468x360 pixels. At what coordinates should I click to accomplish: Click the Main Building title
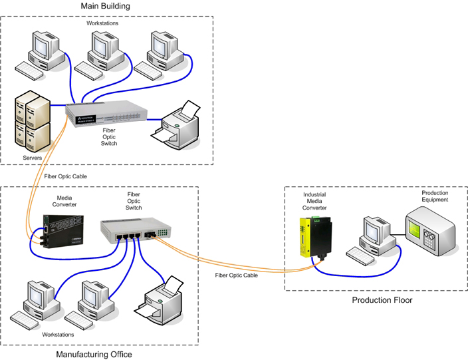[x=105, y=6]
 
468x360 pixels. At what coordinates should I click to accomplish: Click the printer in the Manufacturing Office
[x=160, y=300]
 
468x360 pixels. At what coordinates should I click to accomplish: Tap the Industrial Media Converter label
[x=314, y=201]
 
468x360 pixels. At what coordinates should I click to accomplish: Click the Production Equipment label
[x=435, y=196]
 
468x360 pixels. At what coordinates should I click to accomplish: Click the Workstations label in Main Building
[x=103, y=24]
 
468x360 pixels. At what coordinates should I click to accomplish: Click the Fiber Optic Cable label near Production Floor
[x=237, y=274]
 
